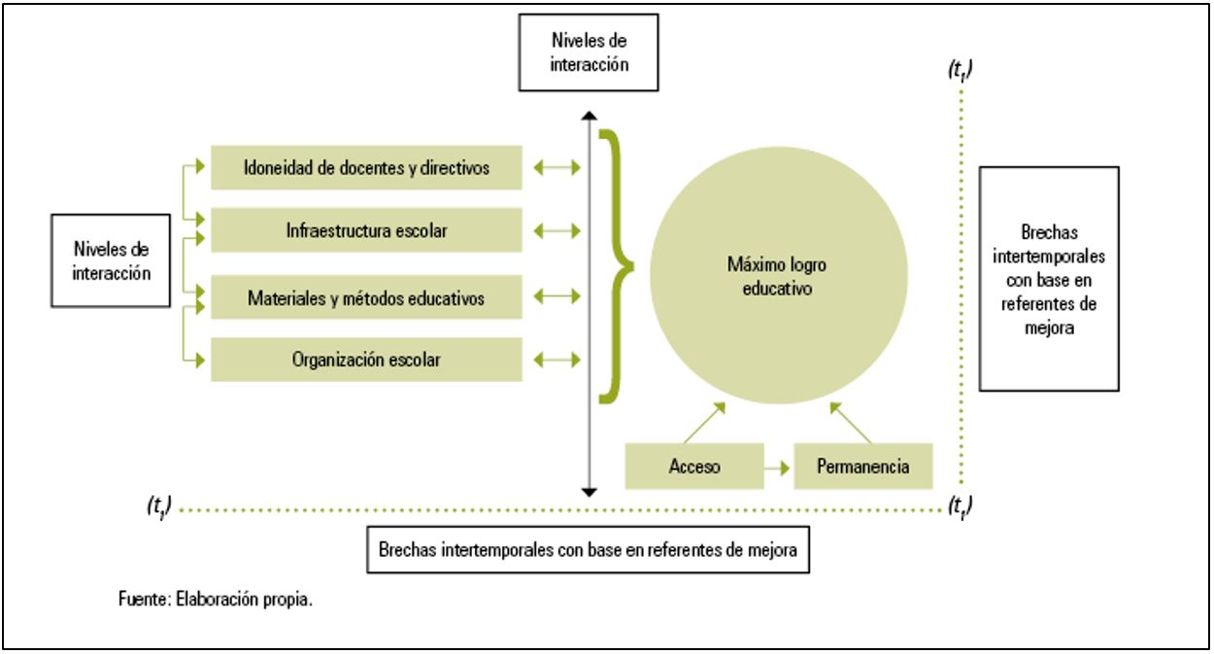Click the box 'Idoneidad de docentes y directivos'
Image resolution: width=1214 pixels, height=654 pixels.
pos(366,167)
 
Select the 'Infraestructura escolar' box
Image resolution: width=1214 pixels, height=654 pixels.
pos(366,230)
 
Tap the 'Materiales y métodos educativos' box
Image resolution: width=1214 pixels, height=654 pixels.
pos(366,297)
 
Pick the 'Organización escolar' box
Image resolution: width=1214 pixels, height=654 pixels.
pos(366,360)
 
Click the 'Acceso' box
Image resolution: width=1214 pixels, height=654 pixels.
pos(694,466)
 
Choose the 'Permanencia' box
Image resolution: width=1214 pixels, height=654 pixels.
pos(863,466)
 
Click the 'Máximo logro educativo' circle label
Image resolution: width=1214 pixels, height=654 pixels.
pos(777,276)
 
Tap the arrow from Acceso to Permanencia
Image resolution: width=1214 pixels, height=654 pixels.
pos(777,467)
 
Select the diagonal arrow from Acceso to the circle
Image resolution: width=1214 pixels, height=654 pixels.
pos(704,423)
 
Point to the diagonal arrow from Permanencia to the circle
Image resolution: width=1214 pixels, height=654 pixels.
pos(851,423)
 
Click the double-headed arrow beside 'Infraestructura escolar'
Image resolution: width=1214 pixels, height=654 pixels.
pos(557,231)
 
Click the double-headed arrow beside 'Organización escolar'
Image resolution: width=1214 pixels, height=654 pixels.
pos(557,360)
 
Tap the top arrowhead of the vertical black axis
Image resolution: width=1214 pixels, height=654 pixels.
pos(590,115)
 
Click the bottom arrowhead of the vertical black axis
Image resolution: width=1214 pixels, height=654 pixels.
pos(590,493)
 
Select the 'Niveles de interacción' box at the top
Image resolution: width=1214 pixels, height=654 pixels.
pos(589,52)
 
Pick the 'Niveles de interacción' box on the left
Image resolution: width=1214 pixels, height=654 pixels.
pos(111,260)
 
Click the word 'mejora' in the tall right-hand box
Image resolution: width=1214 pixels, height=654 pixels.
pos(1049,328)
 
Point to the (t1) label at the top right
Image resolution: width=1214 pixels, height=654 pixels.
pos(961,70)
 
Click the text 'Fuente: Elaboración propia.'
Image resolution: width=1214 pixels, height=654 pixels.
pos(216,600)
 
